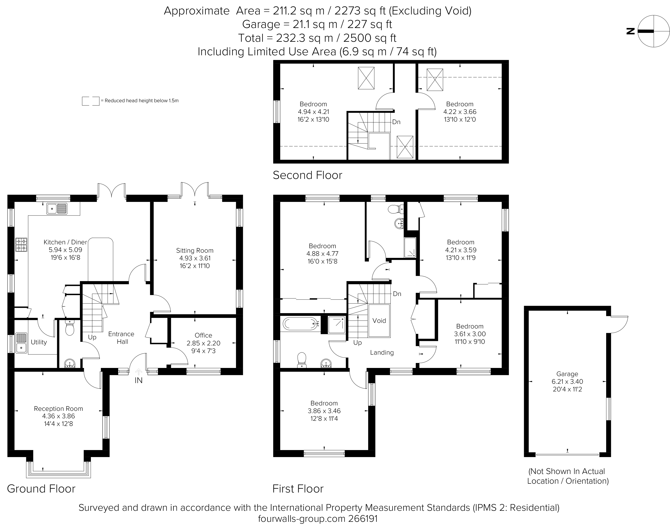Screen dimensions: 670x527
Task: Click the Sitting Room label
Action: click(195, 251)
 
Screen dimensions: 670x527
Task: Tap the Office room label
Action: click(203, 335)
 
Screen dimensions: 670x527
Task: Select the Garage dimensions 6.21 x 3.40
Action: click(567, 382)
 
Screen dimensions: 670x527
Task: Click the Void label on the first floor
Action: click(379, 321)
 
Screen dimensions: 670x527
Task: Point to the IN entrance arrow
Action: click(139, 372)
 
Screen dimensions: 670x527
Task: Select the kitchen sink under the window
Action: click(57, 209)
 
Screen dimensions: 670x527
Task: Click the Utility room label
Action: click(39, 342)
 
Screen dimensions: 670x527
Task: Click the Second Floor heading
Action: click(307, 175)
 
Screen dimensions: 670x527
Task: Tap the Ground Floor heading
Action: click(41, 489)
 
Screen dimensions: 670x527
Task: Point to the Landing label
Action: click(382, 353)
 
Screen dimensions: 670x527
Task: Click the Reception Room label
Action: click(58, 409)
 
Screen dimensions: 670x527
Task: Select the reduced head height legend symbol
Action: click(91, 101)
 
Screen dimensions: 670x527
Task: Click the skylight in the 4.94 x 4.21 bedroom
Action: click(366, 78)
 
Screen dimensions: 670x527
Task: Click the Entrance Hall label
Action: click(122, 338)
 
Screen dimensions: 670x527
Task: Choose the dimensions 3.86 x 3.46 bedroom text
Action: click(324, 411)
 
